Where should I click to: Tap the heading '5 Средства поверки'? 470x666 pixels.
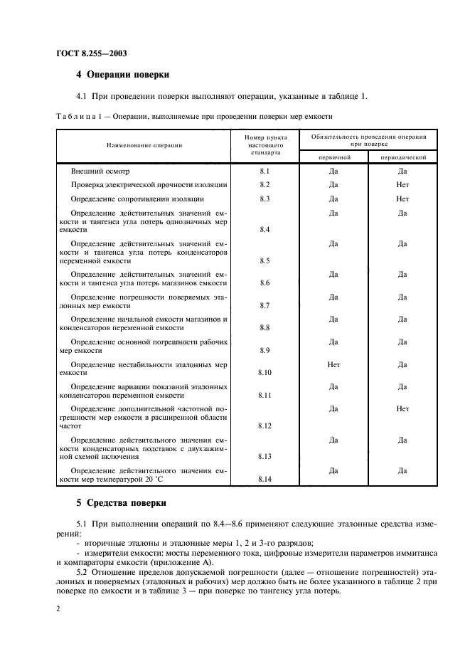122,502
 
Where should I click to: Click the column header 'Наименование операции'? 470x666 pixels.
144,144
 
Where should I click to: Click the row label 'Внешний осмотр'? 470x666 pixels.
100,171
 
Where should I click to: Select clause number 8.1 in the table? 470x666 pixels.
265,171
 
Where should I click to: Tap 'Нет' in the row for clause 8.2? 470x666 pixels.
402,185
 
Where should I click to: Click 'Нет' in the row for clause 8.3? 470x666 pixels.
402,199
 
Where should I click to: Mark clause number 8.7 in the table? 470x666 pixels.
265,305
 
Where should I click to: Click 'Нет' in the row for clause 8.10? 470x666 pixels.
333,364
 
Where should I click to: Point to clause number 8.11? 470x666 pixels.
265,394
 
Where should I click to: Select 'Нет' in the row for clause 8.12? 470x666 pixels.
402,409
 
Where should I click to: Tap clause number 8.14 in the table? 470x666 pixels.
265,480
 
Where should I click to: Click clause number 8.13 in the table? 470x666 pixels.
265,455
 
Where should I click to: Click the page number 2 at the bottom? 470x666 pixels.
58,609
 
